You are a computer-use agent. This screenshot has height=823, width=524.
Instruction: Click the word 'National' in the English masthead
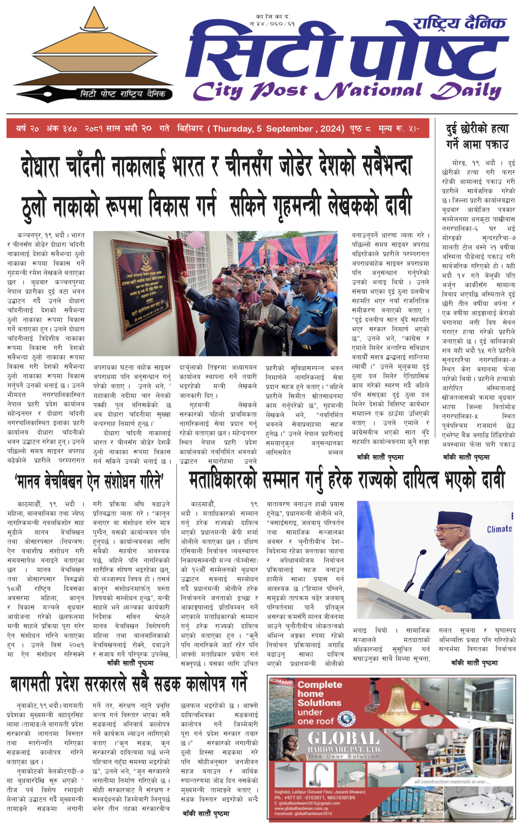point(368,91)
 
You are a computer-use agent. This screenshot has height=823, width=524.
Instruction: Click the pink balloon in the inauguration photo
point(195,239)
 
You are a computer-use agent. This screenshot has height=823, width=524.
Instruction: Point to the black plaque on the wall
point(142,288)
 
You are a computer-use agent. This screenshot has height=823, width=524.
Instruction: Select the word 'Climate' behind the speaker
point(499,529)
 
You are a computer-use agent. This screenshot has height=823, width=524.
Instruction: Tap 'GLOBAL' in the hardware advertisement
point(344,739)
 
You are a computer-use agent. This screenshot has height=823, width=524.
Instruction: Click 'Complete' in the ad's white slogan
point(320,684)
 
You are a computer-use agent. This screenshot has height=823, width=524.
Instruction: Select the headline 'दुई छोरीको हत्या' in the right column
point(477,129)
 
